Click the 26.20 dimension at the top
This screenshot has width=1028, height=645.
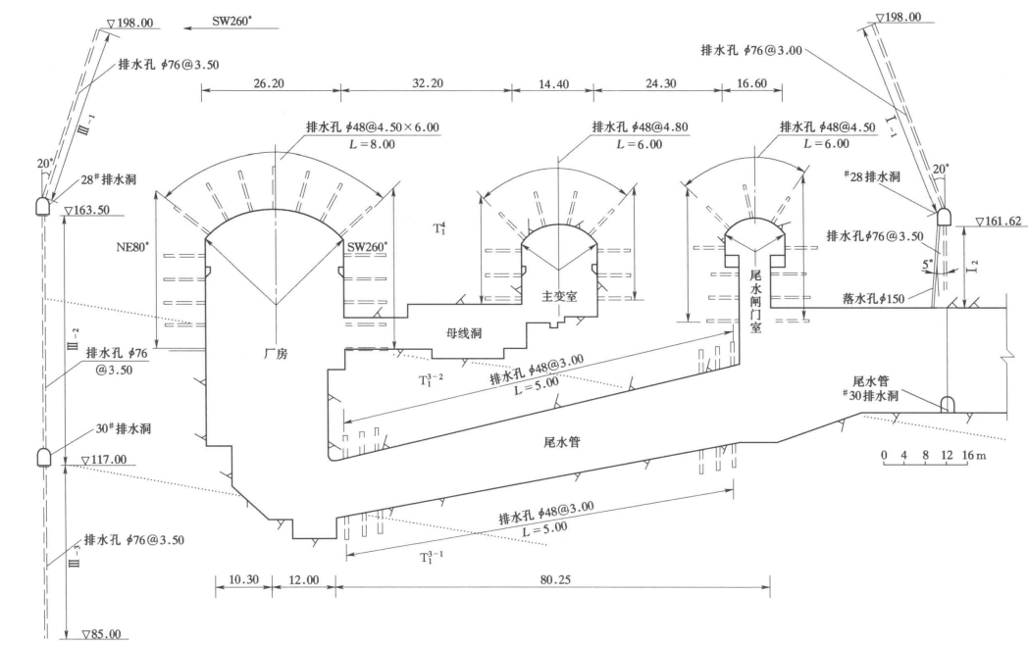(x=270, y=83)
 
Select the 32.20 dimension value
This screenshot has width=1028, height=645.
(x=428, y=83)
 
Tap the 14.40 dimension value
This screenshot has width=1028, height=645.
(x=554, y=84)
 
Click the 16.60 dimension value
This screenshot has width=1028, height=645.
(x=752, y=83)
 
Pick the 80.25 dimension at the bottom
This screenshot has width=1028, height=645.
(x=555, y=579)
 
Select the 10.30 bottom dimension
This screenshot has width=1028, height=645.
(x=244, y=579)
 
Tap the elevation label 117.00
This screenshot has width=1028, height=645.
(x=104, y=460)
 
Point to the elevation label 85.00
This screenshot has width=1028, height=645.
(x=102, y=634)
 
